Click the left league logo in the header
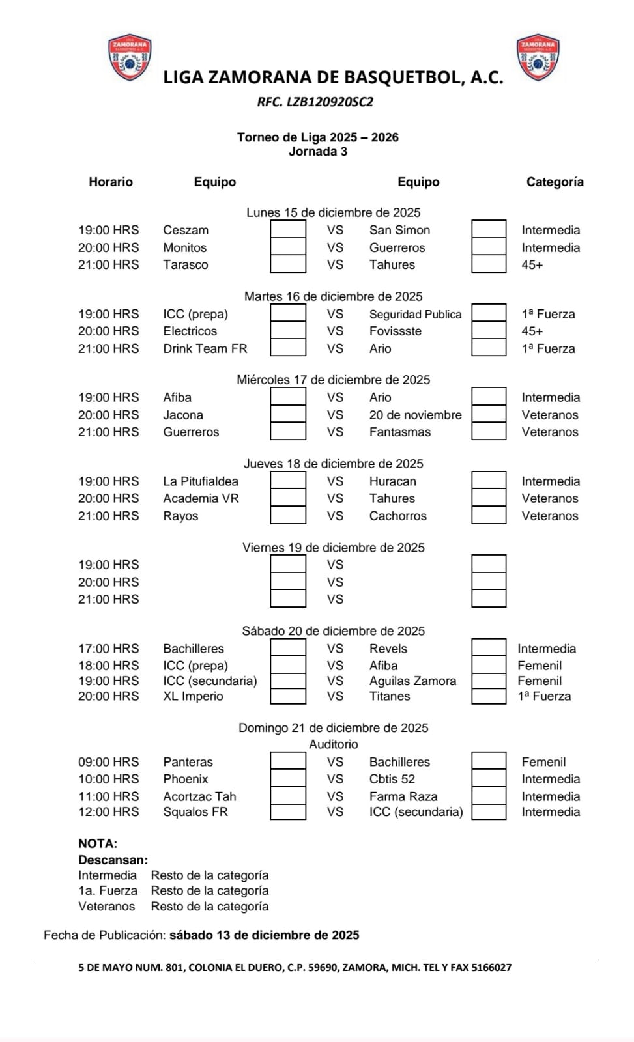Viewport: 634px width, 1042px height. (130, 57)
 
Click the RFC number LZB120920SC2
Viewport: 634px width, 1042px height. (315, 102)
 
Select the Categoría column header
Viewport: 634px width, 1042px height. (555, 182)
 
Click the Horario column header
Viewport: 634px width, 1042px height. (111, 182)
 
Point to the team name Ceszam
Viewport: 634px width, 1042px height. (186, 231)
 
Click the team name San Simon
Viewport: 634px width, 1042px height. (399, 231)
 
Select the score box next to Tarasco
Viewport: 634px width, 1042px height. (288, 264)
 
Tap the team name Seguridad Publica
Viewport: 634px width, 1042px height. (415, 315)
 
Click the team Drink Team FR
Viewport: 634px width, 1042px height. (205, 349)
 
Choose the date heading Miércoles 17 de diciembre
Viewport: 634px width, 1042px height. (333, 380)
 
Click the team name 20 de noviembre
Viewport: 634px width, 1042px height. (415, 415)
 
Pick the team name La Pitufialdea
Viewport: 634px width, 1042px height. (201, 482)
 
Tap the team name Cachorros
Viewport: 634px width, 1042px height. (397, 516)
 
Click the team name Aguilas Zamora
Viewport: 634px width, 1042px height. (412, 681)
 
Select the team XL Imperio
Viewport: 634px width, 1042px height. (193, 696)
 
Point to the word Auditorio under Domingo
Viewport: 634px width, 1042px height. (333, 744)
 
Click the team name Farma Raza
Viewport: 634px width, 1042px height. (403, 796)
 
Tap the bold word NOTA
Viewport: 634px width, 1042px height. (98, 844)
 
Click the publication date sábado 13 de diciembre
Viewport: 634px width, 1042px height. (264, 936)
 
